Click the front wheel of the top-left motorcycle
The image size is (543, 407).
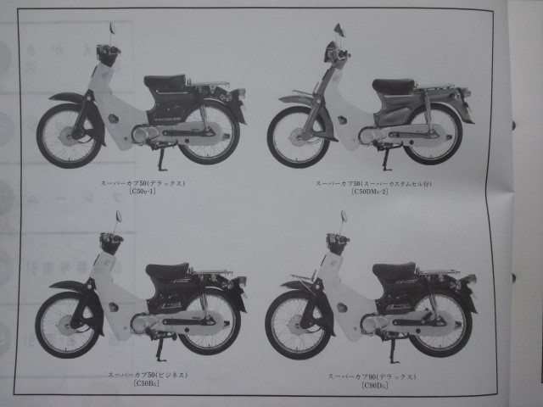tap(65, 133)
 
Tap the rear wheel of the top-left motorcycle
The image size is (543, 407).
tap(210, 134)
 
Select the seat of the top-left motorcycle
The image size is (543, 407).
tap(166, 82)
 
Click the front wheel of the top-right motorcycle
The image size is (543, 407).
tap(298, 137)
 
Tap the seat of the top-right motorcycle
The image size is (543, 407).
tap(394, 86)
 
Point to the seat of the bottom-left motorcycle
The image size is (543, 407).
tap(167, 270)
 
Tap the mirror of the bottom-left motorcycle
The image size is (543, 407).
tap(118, 216)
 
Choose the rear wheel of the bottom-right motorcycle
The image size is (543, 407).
tap(439, 323)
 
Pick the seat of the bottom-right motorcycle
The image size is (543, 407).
tap(395, 270)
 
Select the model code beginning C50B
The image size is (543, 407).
tap(146, 384)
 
